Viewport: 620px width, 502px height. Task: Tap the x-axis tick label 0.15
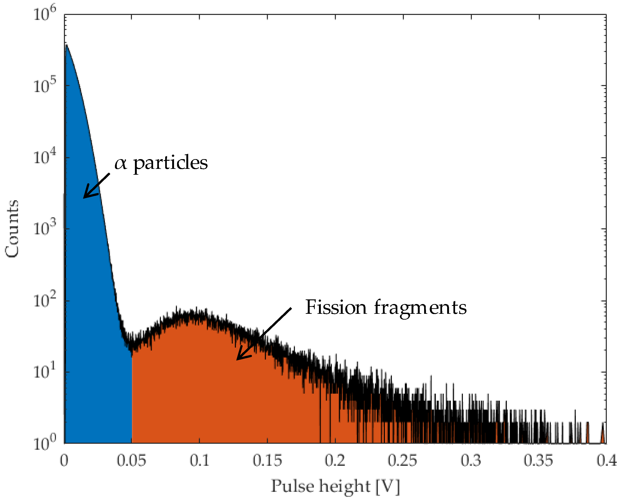point(267,460)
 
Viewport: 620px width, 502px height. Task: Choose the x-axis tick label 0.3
point(471,460)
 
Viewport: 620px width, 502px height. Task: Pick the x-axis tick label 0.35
point(538,460)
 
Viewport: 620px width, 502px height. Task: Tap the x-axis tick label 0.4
point(607,460)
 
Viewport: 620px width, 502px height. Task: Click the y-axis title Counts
point(12,228)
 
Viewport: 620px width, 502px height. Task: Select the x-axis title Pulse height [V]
point(335,486)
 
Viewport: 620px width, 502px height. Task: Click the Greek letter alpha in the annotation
point(121,163)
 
